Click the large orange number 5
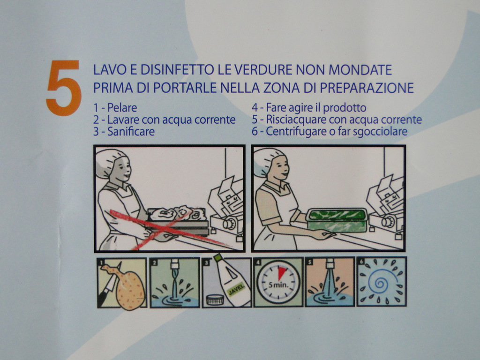[64, 88]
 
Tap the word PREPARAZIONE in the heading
[367, 88]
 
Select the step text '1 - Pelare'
[115, 108]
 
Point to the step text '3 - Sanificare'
[124, 132]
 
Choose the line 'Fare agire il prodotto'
[316, 108]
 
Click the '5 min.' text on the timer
[278, 285]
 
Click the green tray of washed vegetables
[337, 220]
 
